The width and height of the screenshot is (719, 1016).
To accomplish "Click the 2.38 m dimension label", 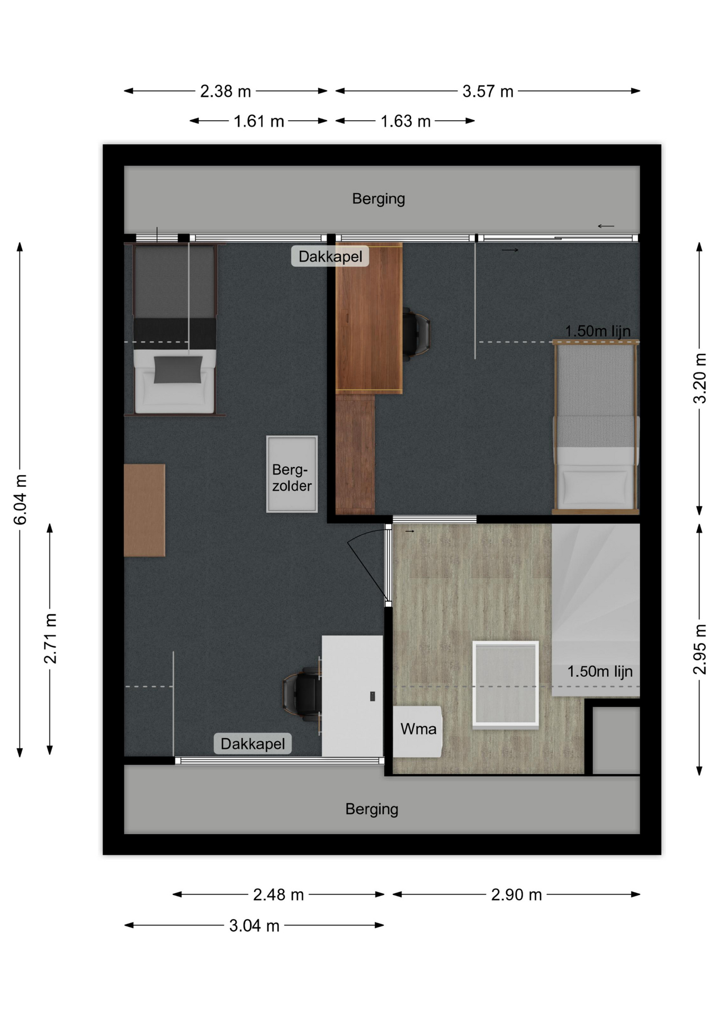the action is click(225, 92).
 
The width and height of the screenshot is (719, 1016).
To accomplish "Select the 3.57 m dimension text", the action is click(488, 92).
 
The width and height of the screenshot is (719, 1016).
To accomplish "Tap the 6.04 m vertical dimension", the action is click(20, 500).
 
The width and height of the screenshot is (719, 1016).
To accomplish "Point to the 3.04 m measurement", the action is click(254, 926).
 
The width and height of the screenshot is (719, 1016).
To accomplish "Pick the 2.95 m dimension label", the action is click(699, 649).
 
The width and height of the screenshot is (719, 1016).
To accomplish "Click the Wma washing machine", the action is click(417, 731).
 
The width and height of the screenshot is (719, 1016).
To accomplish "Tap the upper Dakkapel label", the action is click(330, 257).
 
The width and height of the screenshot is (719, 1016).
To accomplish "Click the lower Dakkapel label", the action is click(253, 743).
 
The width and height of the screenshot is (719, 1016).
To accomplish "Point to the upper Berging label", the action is click(379, 199).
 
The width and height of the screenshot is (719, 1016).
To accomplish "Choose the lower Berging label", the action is click(372, 809).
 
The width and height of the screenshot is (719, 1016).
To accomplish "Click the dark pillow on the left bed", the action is click(178, 369).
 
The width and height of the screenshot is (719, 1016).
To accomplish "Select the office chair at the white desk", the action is click(302, 694).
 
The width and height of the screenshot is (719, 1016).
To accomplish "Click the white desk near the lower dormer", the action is click(352, 696).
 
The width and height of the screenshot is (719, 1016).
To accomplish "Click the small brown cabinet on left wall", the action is click(145, 510).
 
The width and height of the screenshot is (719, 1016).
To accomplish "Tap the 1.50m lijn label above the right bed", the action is click(598, 331).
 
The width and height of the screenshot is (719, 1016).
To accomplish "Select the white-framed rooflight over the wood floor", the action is click(506, 683).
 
